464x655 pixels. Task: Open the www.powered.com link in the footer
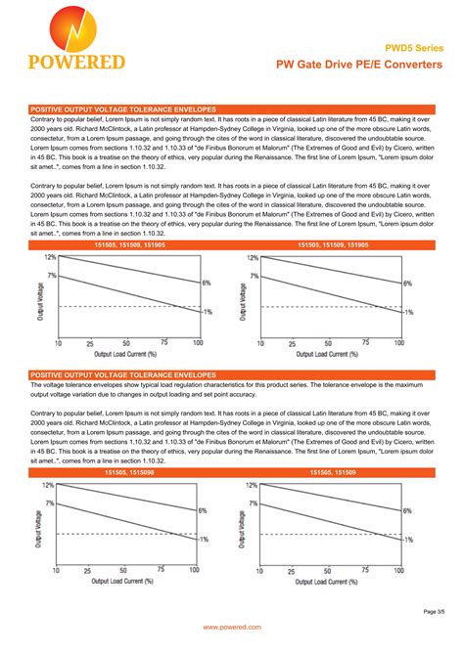(x=232, y=626)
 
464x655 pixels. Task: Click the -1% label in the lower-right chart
(x=408, y=539)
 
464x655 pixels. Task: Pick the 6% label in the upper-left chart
(x=207, y=283)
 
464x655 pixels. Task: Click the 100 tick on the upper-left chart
(x=198, y=343)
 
